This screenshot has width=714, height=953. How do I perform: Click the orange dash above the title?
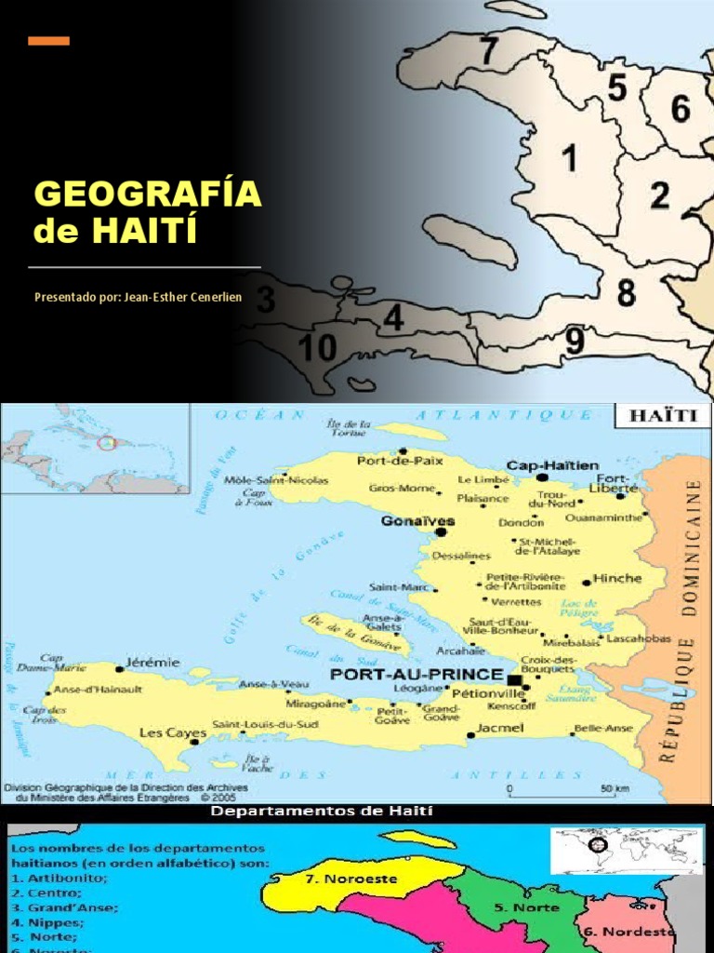point(49,40)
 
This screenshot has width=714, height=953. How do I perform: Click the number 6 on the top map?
point(681,110)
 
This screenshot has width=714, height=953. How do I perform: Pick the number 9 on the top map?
point(575,342)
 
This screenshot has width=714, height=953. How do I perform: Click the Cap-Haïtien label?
point(552,464)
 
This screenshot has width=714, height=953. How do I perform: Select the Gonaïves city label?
point(405,521)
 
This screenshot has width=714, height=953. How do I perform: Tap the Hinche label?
point(617,578)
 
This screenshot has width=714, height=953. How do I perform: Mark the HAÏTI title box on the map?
point(663,415)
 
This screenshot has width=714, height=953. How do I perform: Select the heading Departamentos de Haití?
point(321,812)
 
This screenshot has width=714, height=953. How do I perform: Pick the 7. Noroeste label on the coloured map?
point(352,878)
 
